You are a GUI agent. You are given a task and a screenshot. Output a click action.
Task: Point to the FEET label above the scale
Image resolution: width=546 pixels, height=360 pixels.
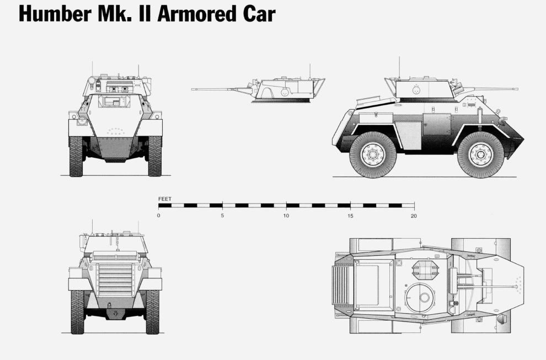165,198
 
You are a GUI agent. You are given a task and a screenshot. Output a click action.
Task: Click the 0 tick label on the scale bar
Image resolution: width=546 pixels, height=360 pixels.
158,216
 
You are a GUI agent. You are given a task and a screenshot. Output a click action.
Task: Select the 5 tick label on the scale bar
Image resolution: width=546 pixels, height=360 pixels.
222,216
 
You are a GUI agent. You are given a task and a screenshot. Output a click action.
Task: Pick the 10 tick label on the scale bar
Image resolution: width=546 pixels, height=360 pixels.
286,216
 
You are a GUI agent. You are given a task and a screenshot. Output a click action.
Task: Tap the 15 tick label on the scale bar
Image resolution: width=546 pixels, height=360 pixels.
350,216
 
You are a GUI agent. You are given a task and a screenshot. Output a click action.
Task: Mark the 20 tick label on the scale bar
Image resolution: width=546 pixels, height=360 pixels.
414,216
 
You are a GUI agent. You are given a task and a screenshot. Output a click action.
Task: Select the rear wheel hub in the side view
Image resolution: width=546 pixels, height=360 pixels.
373,154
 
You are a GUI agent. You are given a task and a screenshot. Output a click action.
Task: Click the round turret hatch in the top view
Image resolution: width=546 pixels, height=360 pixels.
420,298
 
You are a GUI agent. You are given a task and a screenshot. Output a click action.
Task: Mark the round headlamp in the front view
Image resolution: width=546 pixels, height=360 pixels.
82,121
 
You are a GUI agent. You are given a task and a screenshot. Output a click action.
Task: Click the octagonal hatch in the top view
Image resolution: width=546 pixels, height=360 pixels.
425,270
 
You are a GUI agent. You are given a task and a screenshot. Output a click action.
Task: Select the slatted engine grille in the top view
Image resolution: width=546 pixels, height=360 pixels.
341,286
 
